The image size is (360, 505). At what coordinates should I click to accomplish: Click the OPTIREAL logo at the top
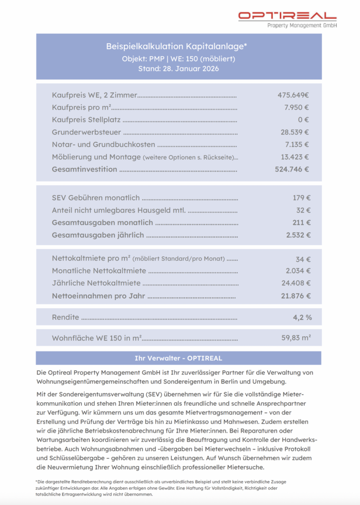(x=287, y=19)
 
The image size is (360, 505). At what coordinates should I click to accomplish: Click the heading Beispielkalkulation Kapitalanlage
(x=176, y=46)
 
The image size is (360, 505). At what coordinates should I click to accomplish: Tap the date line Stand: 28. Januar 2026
(x=178, y=69)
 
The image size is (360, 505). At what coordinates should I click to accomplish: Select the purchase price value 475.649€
(x=293, y=95)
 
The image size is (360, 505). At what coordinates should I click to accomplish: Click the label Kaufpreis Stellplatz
(x=86, y=120)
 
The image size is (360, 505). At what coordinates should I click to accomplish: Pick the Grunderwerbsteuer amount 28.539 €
(x=295, y=132)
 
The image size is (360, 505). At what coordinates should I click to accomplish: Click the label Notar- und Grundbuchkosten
(x=103, y=144)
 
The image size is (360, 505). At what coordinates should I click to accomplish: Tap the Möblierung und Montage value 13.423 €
(x=295, y=157)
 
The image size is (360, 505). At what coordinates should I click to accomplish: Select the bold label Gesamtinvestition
(x=85, y=169)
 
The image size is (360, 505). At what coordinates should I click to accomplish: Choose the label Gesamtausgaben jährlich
(x=98, y=235)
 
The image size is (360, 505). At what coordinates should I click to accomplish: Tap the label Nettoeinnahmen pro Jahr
(x=98, y=296)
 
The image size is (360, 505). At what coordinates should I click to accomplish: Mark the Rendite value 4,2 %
(x=302, y=317)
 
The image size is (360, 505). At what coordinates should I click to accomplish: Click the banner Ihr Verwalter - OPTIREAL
(x=178, y=358)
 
